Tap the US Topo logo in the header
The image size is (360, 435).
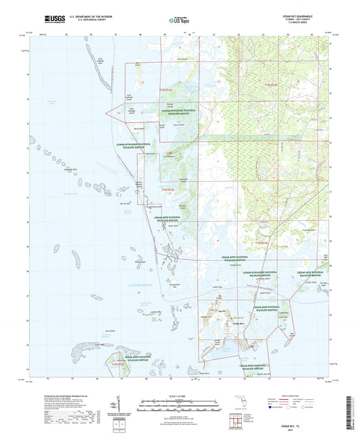tap(177, 22)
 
